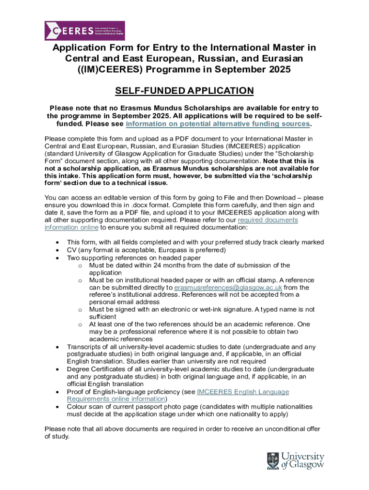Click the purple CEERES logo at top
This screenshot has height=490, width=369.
point(84,30)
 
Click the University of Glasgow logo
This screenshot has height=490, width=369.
point(295,460)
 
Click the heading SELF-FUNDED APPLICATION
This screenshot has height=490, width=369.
point(184,91)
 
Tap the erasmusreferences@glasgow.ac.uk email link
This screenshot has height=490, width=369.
point(228,288)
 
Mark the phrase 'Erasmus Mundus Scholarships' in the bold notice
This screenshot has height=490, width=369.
point(171,108)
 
